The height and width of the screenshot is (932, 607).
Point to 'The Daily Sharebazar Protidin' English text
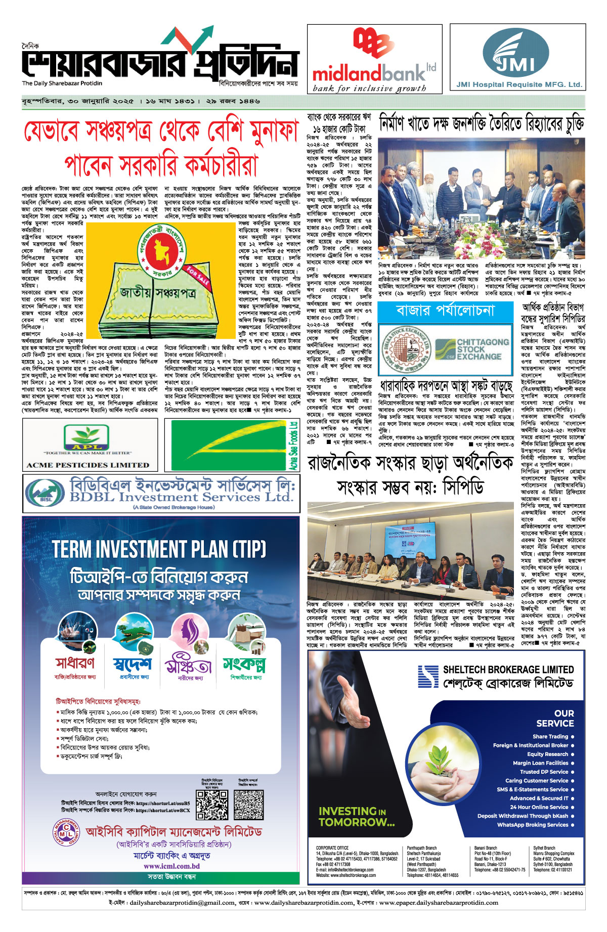[x=62, y=83]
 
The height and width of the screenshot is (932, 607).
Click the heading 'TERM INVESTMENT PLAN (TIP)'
[x=159, y=549]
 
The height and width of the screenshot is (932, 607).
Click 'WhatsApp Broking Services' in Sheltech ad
[x=532, y=825]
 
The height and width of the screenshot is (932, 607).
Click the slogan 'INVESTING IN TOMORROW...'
[x=356, y=817]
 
